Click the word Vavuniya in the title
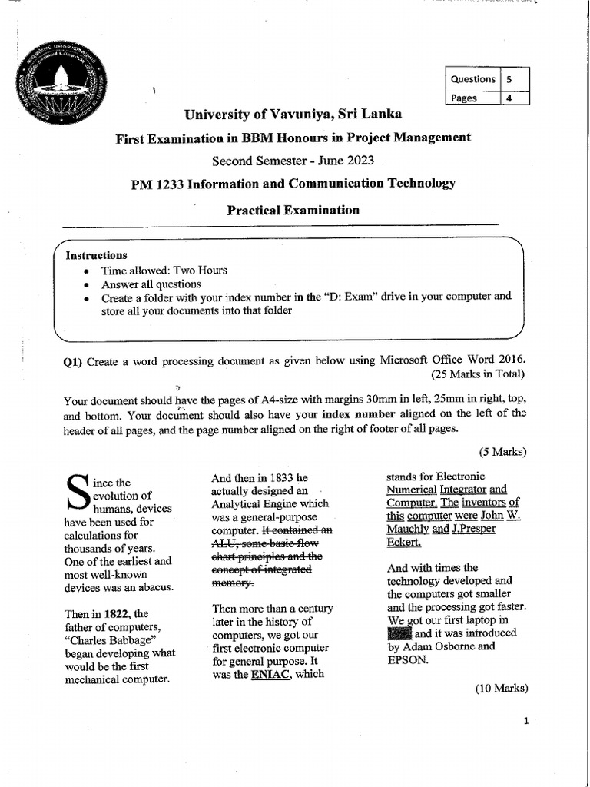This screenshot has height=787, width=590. click(x=296, y=115)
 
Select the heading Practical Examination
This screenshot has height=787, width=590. click(x=293, y=209)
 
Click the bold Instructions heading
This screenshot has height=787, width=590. click(x=96, y=255)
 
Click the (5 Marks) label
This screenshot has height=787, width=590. click(x=502, y=451)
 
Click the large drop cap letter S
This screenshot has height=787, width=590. click(x=78, y=490)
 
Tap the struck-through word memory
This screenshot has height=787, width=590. click(x=231, y=583)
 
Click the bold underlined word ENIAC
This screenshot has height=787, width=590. click(x=268, y=674)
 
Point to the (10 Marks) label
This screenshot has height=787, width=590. click(x=500, y=688)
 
